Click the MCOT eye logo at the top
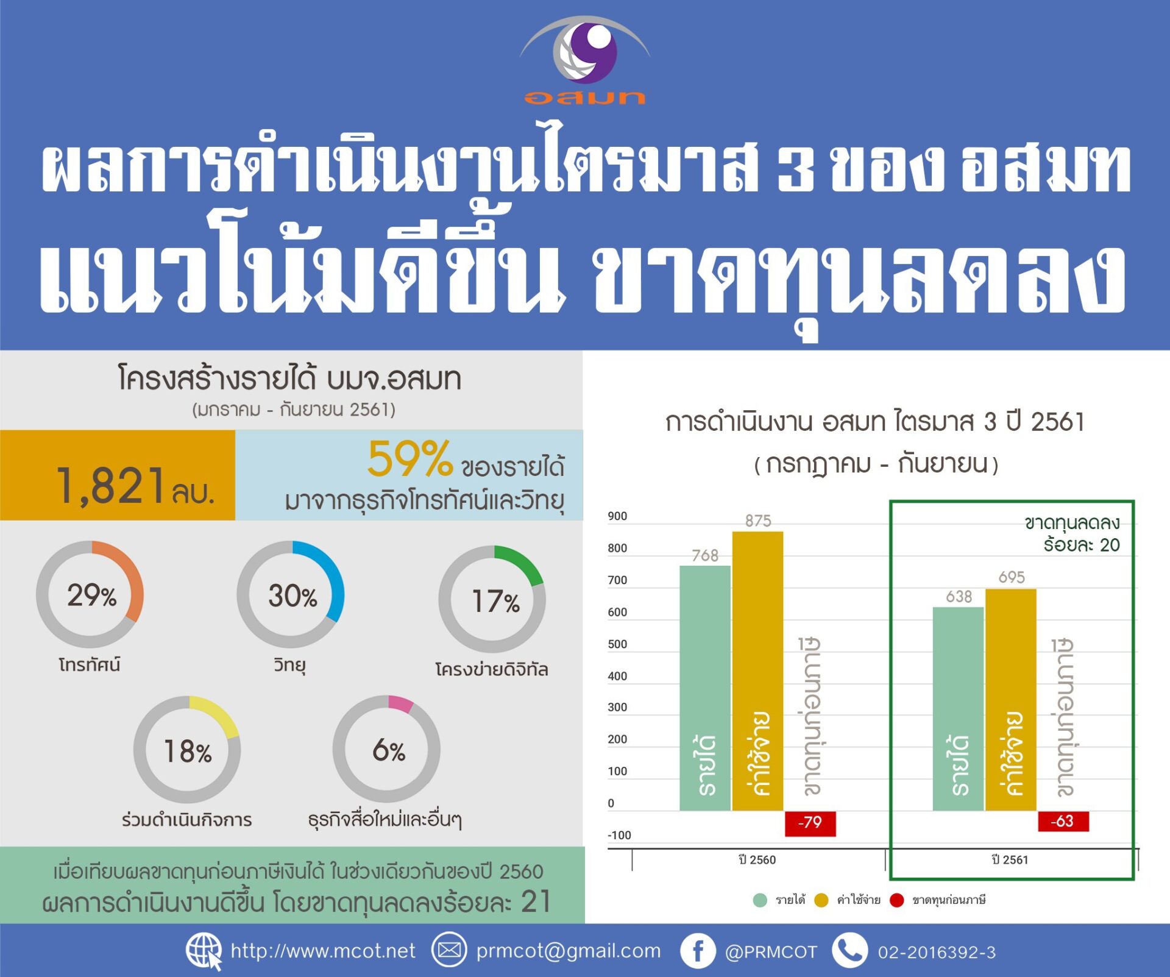pos(585,51)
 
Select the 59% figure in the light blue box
pos(410,458)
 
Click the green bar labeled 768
pos(705,688)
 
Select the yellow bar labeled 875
pos(757,671)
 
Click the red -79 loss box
pos(810,823)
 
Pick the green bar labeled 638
pos(958,709)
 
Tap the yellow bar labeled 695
pos(1010,700)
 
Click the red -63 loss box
pos(1063,821)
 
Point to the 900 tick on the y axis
pos(617,516)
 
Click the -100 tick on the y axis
pos(619,835)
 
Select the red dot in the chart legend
pos(896,900)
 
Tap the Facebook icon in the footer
pos(698,951)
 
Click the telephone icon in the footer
pos(849,951)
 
